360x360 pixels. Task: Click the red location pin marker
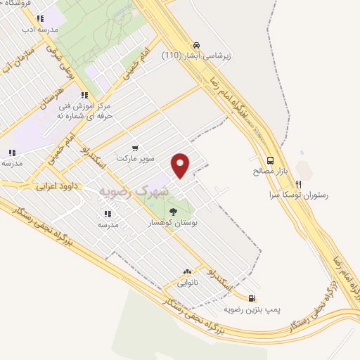click(x=181, y=165)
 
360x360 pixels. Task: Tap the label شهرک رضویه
click(x=134, y=191)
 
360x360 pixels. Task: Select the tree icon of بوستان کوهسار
click(x=173, y=211)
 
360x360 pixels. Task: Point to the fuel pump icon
click(x=252, y=298)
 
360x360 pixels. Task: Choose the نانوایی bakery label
click(x=187, y=283)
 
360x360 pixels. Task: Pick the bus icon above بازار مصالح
click(x=271, y=160)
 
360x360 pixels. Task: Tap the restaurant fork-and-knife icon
click(x=298, y=184)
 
